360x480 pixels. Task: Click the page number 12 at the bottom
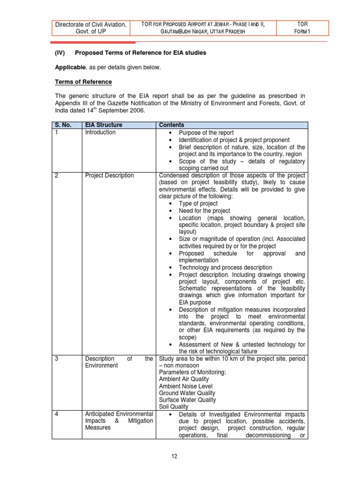point(180,457)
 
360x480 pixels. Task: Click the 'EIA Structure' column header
point(103,125)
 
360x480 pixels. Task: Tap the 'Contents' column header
point(172,125)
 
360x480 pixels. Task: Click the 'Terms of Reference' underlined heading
point(83,82)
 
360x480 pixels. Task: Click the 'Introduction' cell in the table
point(100,133)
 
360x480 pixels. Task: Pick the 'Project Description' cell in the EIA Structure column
point(109,176)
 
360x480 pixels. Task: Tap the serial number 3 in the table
point(56,359)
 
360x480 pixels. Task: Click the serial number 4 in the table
point(56,414)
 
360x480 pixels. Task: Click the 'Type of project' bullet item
point(198,204)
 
